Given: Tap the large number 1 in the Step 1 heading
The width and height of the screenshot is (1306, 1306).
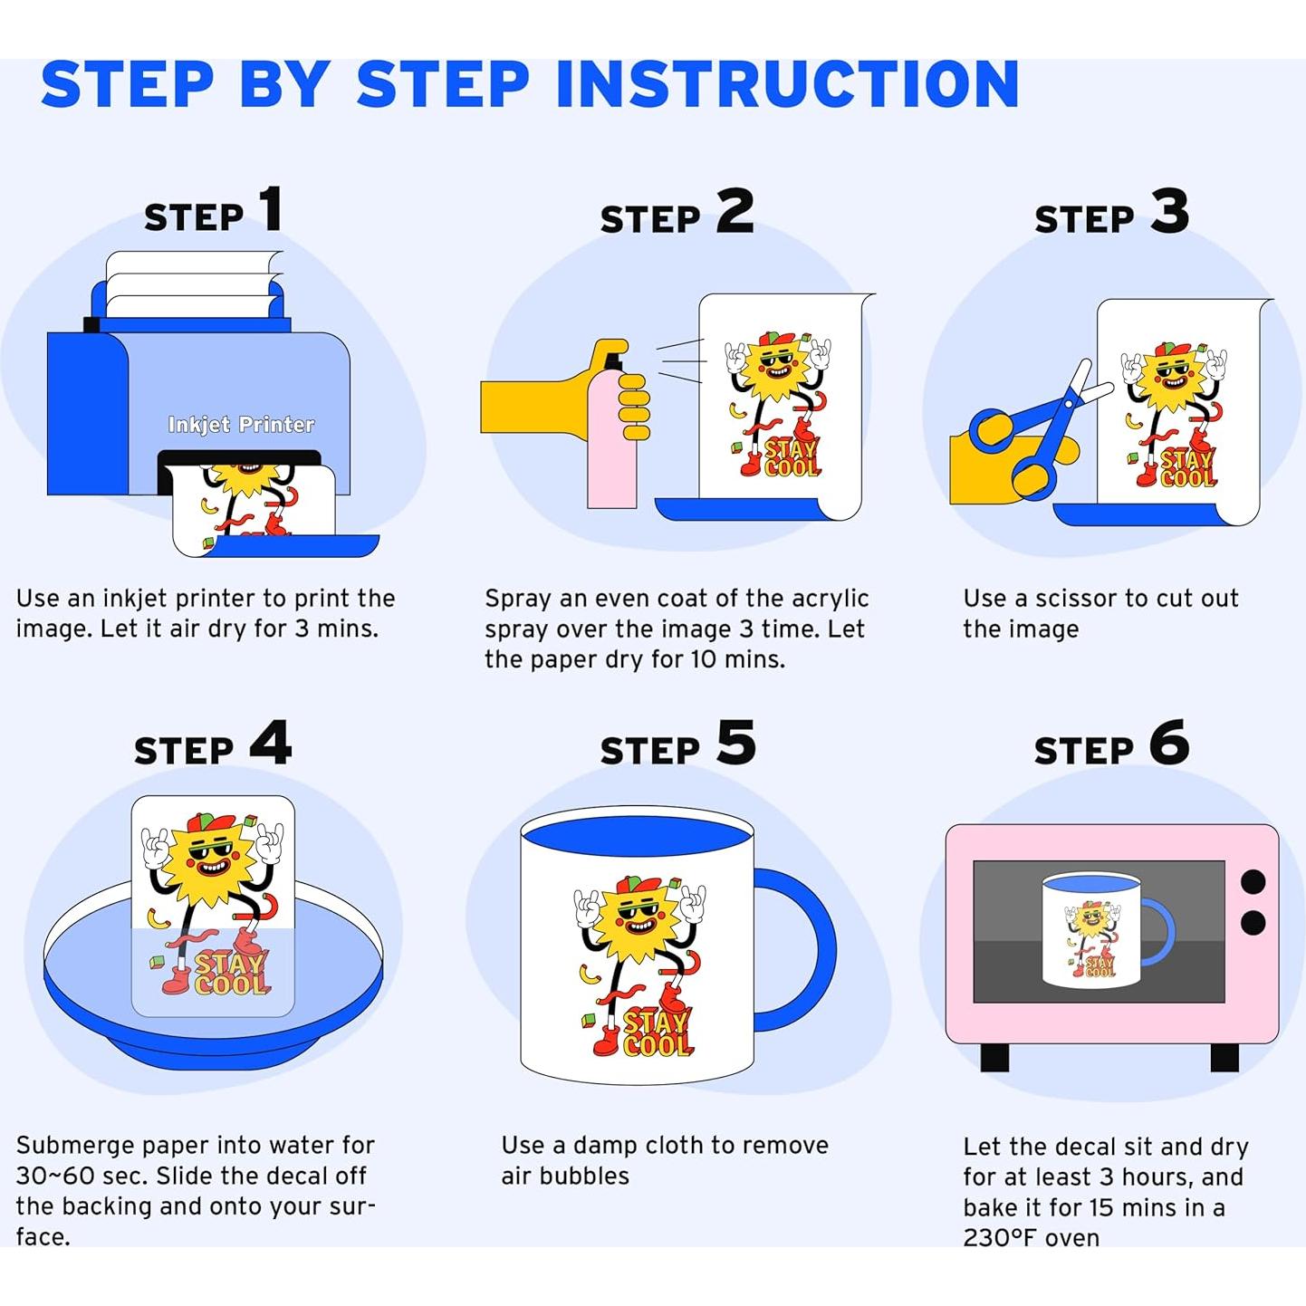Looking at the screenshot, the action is (x=271, y=208).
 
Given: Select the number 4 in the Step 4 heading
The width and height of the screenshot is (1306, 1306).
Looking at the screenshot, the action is (x=271, y=742).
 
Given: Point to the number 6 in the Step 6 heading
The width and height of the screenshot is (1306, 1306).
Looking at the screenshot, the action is (x=1169, y=742).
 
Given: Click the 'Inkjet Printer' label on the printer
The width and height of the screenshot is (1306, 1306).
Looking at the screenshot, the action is (x=241, y=425).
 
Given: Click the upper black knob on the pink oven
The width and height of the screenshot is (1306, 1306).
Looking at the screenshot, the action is (x=1253, y=882).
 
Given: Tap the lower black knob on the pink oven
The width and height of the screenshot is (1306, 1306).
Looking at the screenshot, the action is (x=1253, y=923).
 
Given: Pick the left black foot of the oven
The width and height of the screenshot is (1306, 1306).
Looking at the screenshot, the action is (x=994, y=1057).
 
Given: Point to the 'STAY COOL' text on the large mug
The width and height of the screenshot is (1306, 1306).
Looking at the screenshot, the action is (x=656, y=1033).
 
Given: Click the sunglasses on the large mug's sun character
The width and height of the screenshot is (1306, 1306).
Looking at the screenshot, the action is (x=639, y=912).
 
